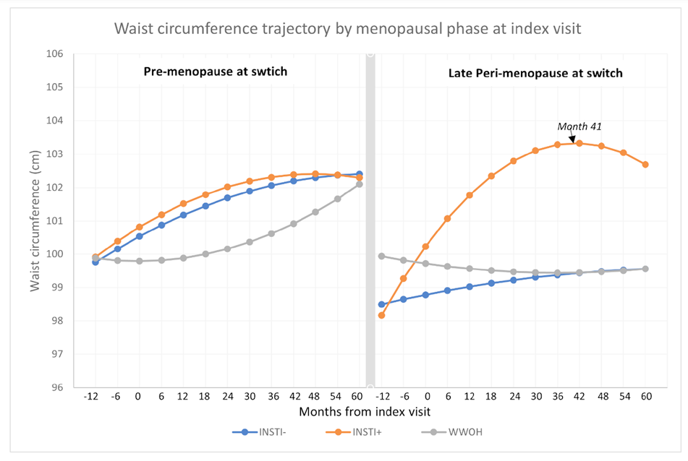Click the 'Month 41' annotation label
[x=579, y=126]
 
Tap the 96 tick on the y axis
[x=57, y=387]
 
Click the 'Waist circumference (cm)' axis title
[x=35, y=220]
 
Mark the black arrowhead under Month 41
[x=572, y=139]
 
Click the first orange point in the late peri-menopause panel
[x=381, y=315]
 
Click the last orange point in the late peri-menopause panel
[x=645, y=165]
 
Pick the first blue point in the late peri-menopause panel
[x=381, y=304]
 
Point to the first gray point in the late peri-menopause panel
[x=381, y=256]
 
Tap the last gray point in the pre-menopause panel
[x=360, y=184]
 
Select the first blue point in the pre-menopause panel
[x=95, y=262]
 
